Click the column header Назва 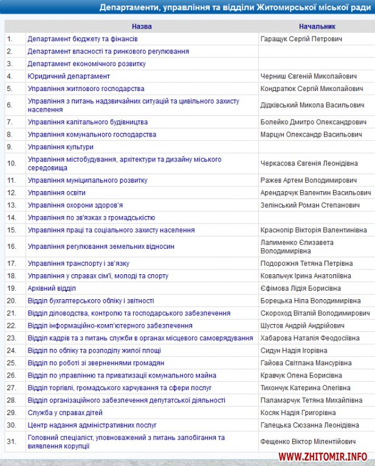point(142,27)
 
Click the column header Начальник point(317,27)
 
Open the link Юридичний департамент point(69,76)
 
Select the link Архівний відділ point(52,288)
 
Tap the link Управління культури point(60,147)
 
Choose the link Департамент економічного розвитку point(86,64)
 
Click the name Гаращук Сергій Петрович point(301,39)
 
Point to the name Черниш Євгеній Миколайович point(308,76)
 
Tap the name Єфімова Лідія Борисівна point(300,288)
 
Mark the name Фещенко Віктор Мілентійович point(308,441)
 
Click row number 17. point(11,263)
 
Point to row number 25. point(11,363)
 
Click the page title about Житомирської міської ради point(235,8)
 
